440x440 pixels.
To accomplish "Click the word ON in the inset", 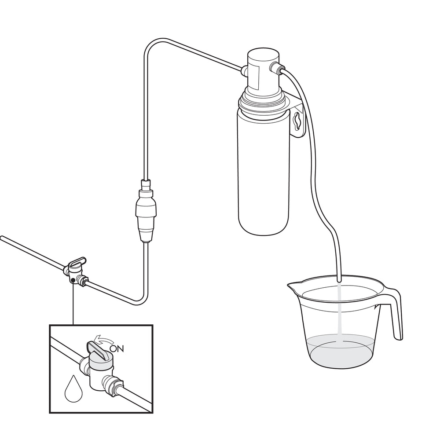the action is pos(117,348).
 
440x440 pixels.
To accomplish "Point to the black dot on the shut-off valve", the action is pos(73,280).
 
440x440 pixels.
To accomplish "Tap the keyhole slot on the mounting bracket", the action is pos(296,122).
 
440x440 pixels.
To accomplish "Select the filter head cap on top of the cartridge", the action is pos(263,70).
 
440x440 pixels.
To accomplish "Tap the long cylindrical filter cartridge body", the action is pos(264,171).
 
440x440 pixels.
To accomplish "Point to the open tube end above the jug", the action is pos(339,280).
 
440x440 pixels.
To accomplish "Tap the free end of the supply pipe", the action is pos(2,238).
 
